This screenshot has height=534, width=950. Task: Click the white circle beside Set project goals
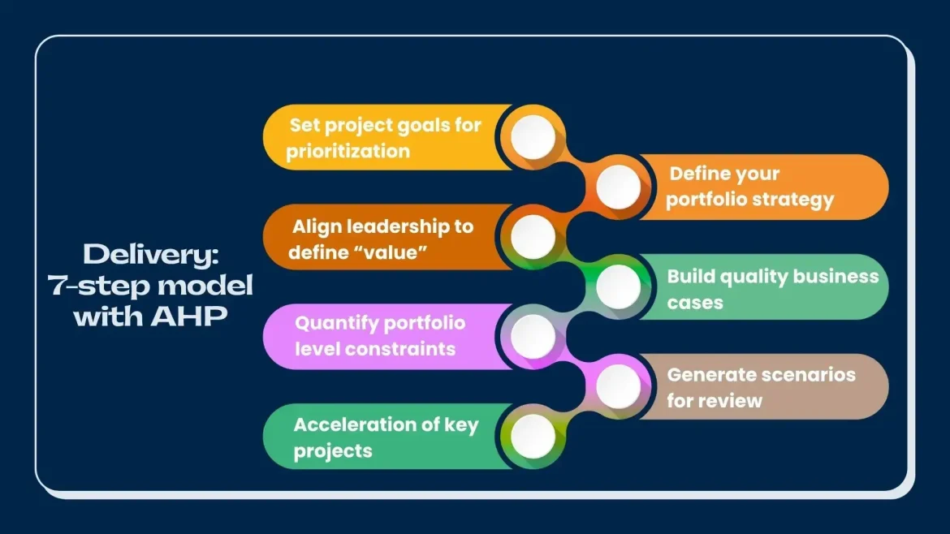[x=533, y=136]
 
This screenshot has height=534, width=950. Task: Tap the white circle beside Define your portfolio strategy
[x=619, y=187]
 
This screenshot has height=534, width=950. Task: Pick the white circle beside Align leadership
[x=533, y=236]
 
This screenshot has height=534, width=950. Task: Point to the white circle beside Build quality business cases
[x=619, y=286]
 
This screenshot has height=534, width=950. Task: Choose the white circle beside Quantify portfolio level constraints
[x=533, y=336]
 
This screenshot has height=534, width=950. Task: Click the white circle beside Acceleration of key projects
[x=533, y=436]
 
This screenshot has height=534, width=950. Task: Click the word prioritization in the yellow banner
[x=348, y=151]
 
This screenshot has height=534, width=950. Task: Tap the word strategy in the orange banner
[x=794, y=200]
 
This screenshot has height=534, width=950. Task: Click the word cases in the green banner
[x=695, y=302]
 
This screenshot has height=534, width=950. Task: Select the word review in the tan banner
[x=735, y=400]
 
